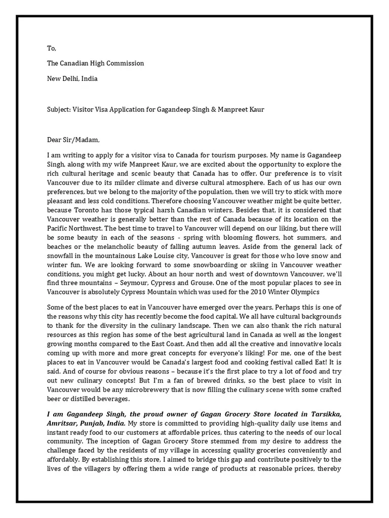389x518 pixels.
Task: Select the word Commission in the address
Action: tap(125, 63)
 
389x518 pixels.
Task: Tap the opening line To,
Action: tap(51, 49)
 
